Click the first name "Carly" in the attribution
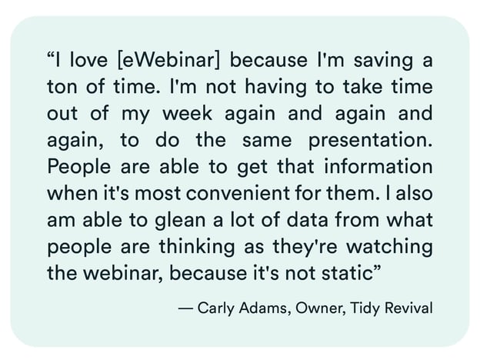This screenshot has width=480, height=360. click(x=215, y=308)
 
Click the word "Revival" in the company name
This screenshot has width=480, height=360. click(x=407, y=308)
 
